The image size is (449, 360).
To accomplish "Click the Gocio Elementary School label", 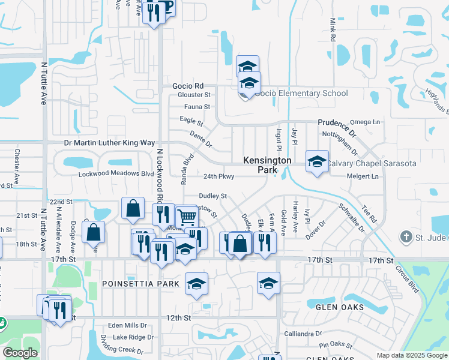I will [301, 93].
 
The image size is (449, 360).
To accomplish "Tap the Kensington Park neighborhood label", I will [267, 165].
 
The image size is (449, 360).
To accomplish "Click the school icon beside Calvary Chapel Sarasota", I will [317, 161].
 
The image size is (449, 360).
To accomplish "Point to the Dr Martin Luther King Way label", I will [109, 143].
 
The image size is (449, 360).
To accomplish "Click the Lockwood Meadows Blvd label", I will [116, 173].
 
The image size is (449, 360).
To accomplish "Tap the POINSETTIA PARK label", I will [140, 283].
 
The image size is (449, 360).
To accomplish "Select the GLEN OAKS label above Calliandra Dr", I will [340, 307].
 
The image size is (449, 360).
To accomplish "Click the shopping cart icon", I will [187, 216].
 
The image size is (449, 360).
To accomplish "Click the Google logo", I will [20, 353].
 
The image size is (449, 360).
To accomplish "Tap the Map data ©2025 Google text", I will [412, 355].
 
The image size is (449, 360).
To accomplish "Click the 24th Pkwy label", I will [218, 176].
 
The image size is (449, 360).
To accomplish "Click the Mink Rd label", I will [332, 29].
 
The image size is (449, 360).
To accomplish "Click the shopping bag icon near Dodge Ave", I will [93, 232].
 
